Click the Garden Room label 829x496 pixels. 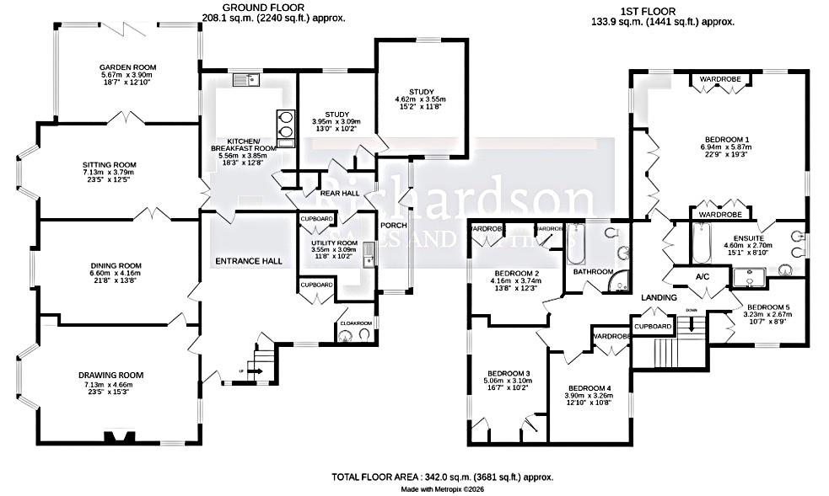[127, 67]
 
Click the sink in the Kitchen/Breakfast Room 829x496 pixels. [247, 80]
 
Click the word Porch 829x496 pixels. [394, 226]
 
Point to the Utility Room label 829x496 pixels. [334, 243]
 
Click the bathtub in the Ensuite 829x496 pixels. [704, 243]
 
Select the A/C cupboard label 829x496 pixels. [702, 277]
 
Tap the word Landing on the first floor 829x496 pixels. [659, 298]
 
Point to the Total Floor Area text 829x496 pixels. [442, 477]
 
